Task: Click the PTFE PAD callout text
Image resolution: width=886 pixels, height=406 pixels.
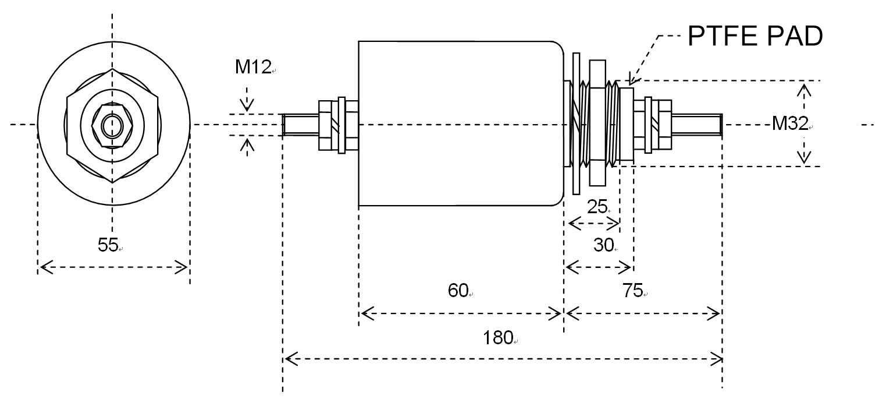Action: (x=755, y=36)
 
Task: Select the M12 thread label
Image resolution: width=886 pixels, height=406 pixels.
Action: (x=253, y=67)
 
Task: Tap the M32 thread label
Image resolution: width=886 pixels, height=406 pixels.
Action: (x=789, y=123)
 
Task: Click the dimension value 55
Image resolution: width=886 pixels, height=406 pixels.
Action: (x=108, y=245)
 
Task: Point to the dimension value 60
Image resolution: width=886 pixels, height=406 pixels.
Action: (x=458, y=290)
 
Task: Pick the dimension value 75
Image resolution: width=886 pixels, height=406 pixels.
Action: (x=632, y=291)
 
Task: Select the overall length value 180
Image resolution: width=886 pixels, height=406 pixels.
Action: (x=497, y=337)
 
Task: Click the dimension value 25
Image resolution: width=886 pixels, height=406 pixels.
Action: (x=597, y=207)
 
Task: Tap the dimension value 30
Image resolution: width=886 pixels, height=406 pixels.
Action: (x=603, y=246)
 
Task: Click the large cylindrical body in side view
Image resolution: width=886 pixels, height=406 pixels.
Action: (x=460, y=123)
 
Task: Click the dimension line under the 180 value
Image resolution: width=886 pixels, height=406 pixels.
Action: (x=503, y=359)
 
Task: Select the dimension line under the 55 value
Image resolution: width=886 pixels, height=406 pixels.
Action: (x=113, y=268)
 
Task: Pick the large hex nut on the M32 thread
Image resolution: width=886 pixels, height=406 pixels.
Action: (x=597, y=123)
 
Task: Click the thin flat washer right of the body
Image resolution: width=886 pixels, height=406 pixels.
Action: (x=576, y=123)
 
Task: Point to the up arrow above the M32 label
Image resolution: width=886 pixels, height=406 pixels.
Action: (x=804, y=90)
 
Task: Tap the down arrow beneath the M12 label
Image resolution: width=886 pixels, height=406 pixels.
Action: (x=248, y=105)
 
